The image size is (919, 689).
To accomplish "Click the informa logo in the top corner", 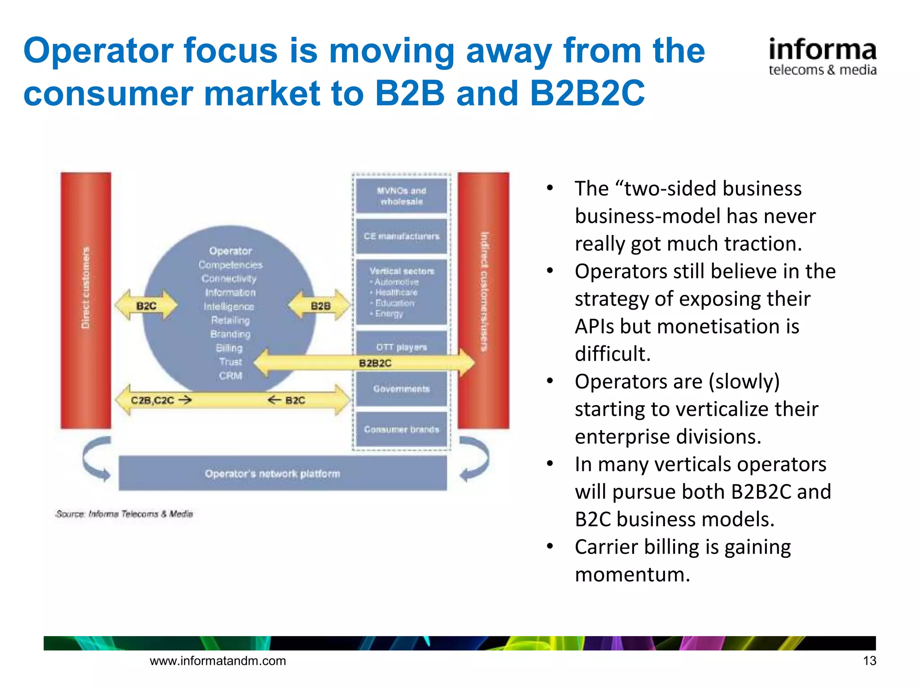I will (822, 57).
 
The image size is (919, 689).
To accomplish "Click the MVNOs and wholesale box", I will (402, 196).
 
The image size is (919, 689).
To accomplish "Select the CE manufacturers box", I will (402, 236).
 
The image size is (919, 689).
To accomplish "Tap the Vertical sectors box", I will (402, 292).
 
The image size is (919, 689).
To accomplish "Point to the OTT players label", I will (402, 347).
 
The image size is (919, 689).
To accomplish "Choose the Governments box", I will (402, 389).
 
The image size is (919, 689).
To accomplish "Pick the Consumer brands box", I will (402, 429).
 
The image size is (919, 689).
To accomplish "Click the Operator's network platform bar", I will (283, 473).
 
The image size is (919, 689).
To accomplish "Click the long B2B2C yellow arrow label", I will (375, 363).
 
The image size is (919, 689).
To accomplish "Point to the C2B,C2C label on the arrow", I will (153, 400).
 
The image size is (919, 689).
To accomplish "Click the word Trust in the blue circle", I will (230, 362).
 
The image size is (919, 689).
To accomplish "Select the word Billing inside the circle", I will (229, 348).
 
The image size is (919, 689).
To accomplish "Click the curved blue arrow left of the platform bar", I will (96, 460).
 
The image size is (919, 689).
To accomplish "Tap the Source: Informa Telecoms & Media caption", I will (124, 514).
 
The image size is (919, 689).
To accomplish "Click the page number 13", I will (869, 660).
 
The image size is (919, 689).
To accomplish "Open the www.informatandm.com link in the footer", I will (218, 660).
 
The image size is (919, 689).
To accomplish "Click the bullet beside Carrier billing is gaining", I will (550, 546).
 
